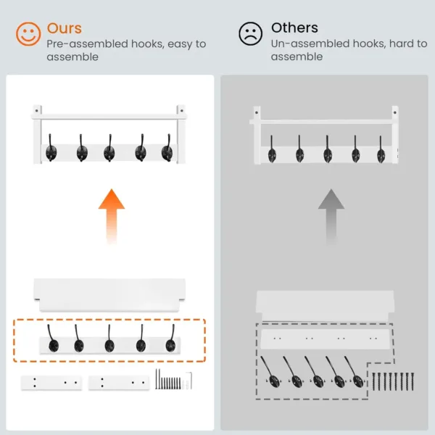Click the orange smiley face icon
28,34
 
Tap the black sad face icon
251,34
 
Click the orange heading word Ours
64,28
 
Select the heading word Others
294,28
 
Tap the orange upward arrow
111,215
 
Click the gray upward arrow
331,215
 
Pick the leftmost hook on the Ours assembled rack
51,149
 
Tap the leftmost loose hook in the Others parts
273,373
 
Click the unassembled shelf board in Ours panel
109,294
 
